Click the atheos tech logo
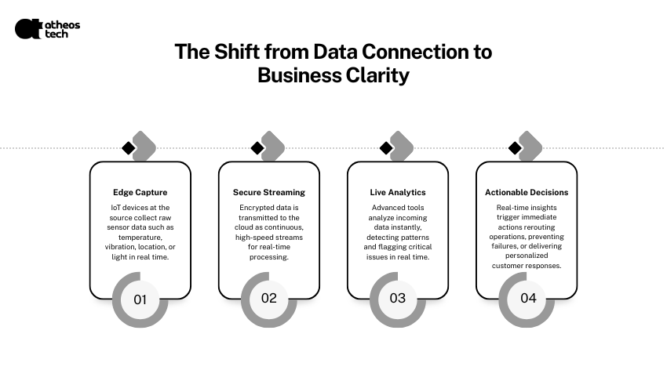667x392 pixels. tap(47, 29)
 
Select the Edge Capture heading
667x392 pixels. tap(140, 192)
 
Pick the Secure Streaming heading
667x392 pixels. tap(269, 192)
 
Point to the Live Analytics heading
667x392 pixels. tap(398, 192)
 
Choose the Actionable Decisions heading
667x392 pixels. tap(527, 192)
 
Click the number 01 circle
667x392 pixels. tap(140, 299)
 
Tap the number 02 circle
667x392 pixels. tap(269, 299)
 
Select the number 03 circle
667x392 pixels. tap(398, 299)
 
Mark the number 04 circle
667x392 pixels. tap(527, 299)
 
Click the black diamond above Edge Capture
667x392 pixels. tap(129, 148)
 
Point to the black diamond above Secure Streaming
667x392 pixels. tap(257, 148)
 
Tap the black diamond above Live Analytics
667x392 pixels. tap(386, 148)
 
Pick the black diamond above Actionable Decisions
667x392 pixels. tap(515, 148)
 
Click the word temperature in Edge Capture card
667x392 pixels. tap(140, 238)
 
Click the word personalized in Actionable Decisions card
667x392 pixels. tap(527, 256)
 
